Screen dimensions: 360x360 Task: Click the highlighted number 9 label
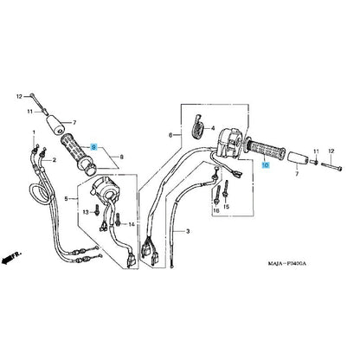pos(93,147)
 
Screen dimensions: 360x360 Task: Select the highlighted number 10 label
pos(266,165)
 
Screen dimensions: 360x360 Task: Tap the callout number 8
pos(121,157)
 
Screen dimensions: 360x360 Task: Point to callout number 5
pos(66,199)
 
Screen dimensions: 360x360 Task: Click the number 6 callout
pos(170,135)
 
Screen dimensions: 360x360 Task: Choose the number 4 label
pos(213,128)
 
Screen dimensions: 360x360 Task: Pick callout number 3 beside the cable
pos(188,231)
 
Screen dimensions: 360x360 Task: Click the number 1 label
pos(34,132)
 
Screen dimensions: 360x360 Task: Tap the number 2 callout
pos(54,160)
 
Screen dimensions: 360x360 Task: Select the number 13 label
pos(86,212)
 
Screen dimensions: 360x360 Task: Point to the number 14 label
pos(132,224)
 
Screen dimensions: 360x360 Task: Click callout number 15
pos(226,207)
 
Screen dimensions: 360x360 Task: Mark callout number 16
pos(216,210)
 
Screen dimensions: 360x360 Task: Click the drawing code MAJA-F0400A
pos(287,264)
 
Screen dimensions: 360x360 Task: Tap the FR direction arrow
pos(11,257)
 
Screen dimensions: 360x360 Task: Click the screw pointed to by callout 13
pos(97,210)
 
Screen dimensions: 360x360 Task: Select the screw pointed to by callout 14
pos(118,220)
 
